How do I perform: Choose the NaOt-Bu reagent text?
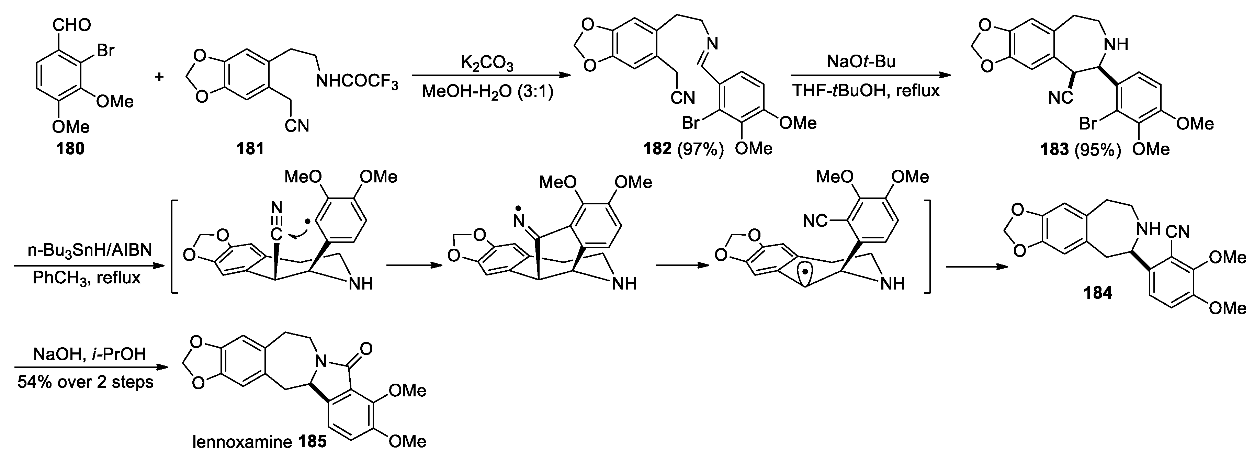(862, 62)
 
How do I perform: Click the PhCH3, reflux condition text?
(87, 278)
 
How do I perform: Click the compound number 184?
(1098, 293)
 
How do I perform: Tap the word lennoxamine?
(242, 442)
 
